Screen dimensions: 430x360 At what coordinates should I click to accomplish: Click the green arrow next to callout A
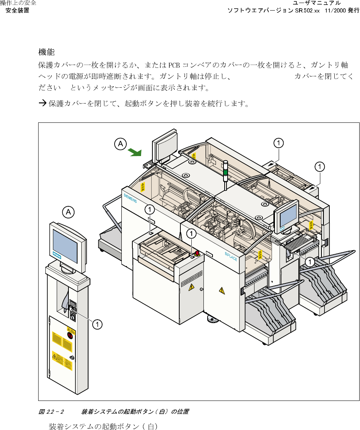point(134,152)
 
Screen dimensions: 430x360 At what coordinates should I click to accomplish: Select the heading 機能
point(47,52)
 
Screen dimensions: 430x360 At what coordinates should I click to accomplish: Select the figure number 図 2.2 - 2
point(51,411)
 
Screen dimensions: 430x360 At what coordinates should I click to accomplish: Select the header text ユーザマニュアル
point(317,3)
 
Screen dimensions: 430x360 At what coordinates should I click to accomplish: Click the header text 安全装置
point(17,10)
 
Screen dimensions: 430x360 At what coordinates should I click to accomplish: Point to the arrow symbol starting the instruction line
point(42,103)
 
